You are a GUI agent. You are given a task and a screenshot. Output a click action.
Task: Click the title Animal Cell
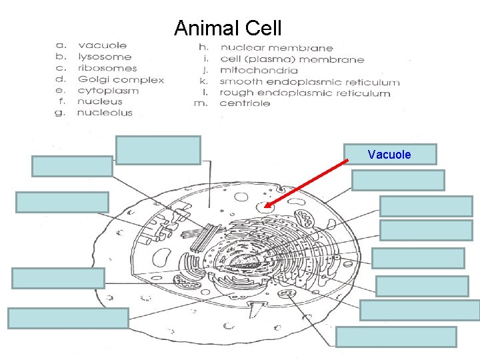point(227,29)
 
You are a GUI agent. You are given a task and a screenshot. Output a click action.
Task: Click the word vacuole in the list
point(102,45)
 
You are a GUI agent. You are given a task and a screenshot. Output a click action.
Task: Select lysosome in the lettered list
point(105,57)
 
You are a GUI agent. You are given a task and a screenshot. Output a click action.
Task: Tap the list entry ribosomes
point(107,68)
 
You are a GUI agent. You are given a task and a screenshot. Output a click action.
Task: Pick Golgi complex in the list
point(121,79)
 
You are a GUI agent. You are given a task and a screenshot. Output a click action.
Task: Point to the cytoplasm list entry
point(108,91)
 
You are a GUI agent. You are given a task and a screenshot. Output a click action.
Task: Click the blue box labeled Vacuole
point(390,155)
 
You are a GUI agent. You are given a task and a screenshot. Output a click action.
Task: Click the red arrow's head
point(266,207)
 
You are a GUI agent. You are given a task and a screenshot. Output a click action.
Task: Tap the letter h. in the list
point(205,48)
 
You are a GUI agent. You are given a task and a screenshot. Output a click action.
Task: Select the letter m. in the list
point(205,103)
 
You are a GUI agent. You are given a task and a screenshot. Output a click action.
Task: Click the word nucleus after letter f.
point(100,101)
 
